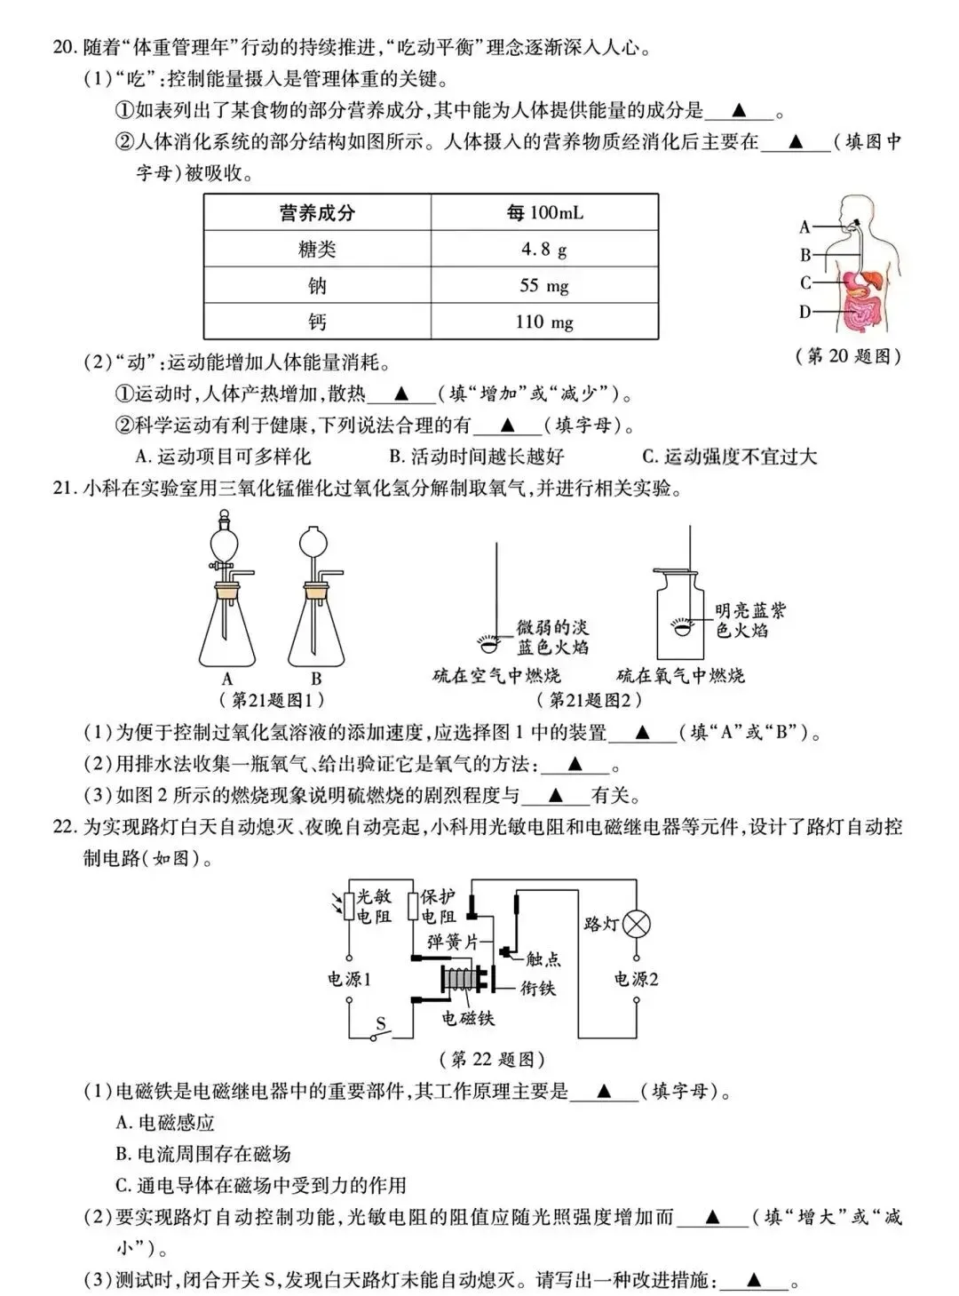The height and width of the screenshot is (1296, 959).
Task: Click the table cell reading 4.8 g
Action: pyautogui.click(x=544, y=250)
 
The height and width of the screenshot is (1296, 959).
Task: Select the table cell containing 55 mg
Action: pyautogui.click(x=544, y=286)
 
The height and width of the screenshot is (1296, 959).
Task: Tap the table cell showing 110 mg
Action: pyautogui.click(x=544, y=322)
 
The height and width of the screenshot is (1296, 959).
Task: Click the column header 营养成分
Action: pyautogui.click(x=317, y=213)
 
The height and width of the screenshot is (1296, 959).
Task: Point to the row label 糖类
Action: pyautogui.click(x=317, y=250)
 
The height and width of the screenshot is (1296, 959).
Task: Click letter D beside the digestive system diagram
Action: pyautogui.click(x=805, y=312)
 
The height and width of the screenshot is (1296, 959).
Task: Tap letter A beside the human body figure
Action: pyautogui.click(x=805, y=227)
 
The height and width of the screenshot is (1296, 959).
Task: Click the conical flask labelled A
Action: pyautogui.click(x=228, y=622)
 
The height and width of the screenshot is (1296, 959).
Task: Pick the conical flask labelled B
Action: pyautogui.click(x=317, y=622)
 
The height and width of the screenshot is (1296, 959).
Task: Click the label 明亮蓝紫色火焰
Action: pyautogui.click(x=750, y=621)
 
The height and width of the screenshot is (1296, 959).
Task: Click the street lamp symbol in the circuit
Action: pyautogui.click(x=636, y=925)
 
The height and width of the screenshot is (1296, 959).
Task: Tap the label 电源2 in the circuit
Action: pyautogui.click(x=636, y=980)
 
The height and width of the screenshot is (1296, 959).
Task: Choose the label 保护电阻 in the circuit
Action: pyautogui.click(x=439, y=906)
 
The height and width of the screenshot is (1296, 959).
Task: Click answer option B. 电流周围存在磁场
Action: pyautogui.click(x=203, y=1154)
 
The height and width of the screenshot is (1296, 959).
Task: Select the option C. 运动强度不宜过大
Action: pyautogui.click(x=729, y=457)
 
